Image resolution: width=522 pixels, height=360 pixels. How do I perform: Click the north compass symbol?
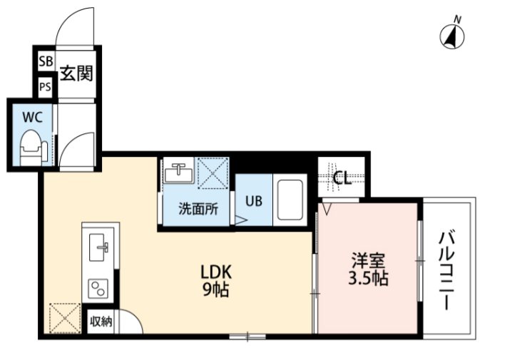click(x=452, y=35)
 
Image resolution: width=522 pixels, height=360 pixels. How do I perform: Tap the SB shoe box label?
click(x=46, y=61)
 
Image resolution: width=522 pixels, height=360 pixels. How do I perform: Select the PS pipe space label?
click(x=45, y=87)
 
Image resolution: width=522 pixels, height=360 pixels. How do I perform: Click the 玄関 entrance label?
click(x=76, y=73)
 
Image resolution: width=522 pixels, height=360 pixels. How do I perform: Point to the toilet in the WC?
click(x=34, y=148)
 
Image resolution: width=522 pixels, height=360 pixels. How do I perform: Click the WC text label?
click(x=33, y=117)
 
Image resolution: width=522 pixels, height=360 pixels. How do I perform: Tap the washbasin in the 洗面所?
click(x=179, y=170)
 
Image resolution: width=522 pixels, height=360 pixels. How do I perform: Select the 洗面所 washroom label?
click(x=198, y=209)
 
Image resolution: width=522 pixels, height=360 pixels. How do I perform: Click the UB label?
click(x=254, y=201)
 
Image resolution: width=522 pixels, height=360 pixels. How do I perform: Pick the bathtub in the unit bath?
click(x=290, y=200)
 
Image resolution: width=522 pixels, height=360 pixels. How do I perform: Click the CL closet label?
click(x=342, y=178)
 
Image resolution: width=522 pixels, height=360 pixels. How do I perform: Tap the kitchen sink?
click(x=99, y=247)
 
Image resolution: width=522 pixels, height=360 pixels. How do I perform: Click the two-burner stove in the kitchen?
click(x=98, y=289)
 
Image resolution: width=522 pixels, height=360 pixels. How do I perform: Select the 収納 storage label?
click(x=101, y=322)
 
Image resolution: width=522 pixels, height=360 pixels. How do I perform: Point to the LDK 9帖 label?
click(x=216, y=280)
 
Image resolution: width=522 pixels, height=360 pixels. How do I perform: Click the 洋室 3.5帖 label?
click(x=368, y=269)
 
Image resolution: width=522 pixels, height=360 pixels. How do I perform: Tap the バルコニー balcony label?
click(x=446, y=270)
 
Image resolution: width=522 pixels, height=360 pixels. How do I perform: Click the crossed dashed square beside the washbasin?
click(x=213, y=173)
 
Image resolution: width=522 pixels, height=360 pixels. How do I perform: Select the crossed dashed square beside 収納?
click(x=65, y=319)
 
